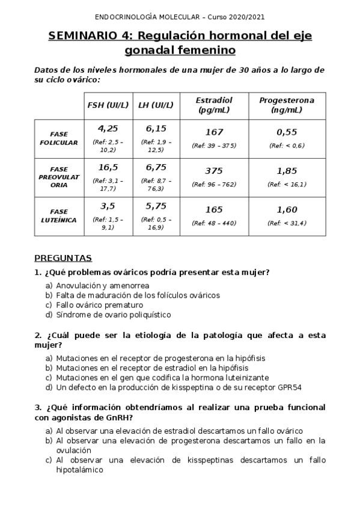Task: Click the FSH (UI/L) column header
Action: coord(108,105)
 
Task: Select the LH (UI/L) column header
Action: coord(156,105)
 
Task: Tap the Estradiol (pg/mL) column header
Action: coord(215,105)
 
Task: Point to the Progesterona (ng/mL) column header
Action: coord(287,105)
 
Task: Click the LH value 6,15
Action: coord(156,128)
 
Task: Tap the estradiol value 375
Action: coord(215,171)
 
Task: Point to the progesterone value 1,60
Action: coord(287,210)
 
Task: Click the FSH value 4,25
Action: coord(108,128)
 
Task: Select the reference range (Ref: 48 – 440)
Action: coord(215,224)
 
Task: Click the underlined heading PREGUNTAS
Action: coord(63,259)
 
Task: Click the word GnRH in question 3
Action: coord(120,417)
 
